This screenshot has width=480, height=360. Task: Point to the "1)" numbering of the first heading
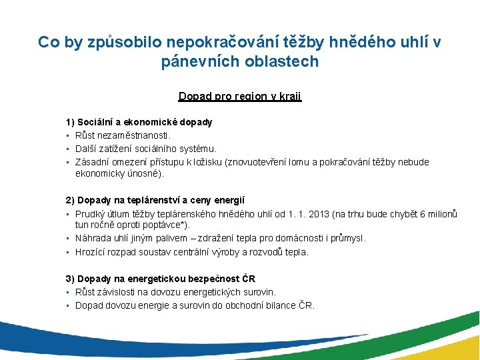pos(70,122)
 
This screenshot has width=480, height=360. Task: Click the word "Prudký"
pos(90,213)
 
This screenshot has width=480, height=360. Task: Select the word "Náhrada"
pos(93,238)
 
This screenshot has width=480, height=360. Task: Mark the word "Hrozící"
pos(91,252)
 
